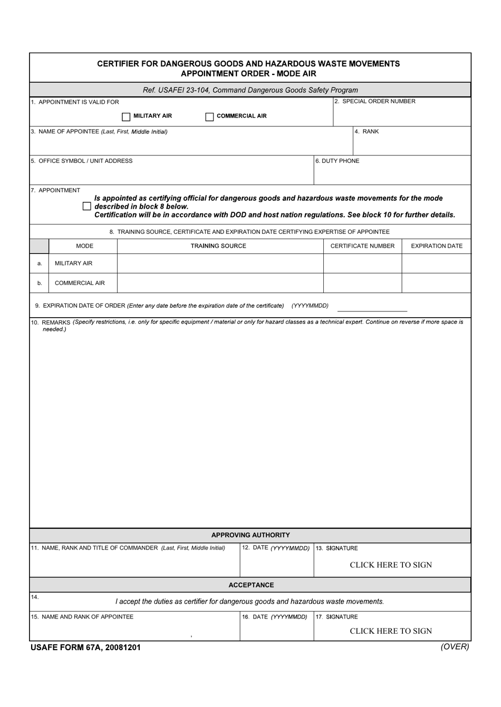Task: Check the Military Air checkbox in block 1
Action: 126,116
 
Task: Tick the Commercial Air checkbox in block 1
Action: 209,116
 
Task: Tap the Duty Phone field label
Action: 338,161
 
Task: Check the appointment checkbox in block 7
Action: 87,207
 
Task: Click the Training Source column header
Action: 218,246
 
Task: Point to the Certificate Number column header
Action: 362,246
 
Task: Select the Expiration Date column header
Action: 436,246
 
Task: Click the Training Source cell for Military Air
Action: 220,263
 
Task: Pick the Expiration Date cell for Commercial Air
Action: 436,283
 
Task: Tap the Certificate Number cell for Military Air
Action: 362,263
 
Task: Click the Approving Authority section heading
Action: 250,535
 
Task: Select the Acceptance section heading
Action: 251,585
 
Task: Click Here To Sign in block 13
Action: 391,565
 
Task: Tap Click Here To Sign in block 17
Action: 391,631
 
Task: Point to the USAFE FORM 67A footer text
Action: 85,648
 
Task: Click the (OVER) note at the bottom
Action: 455,647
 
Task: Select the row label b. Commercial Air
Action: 80,283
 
